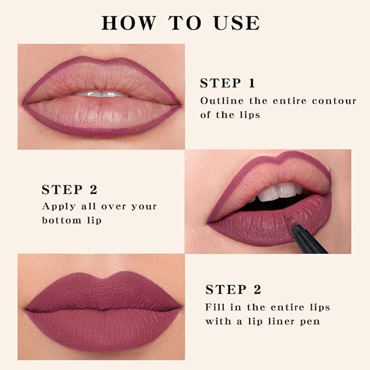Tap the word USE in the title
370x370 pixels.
click(x=235, y=23)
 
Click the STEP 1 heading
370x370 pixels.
click(x=227, y=83)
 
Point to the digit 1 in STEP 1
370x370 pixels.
click(x=251, y=83)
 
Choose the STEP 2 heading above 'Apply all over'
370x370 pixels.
click(x=69, y=190)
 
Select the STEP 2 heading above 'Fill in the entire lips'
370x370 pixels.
click(x=233, y=289)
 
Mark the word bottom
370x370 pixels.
click(x=63, y=220)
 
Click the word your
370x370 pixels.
click(x=144, y=207)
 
